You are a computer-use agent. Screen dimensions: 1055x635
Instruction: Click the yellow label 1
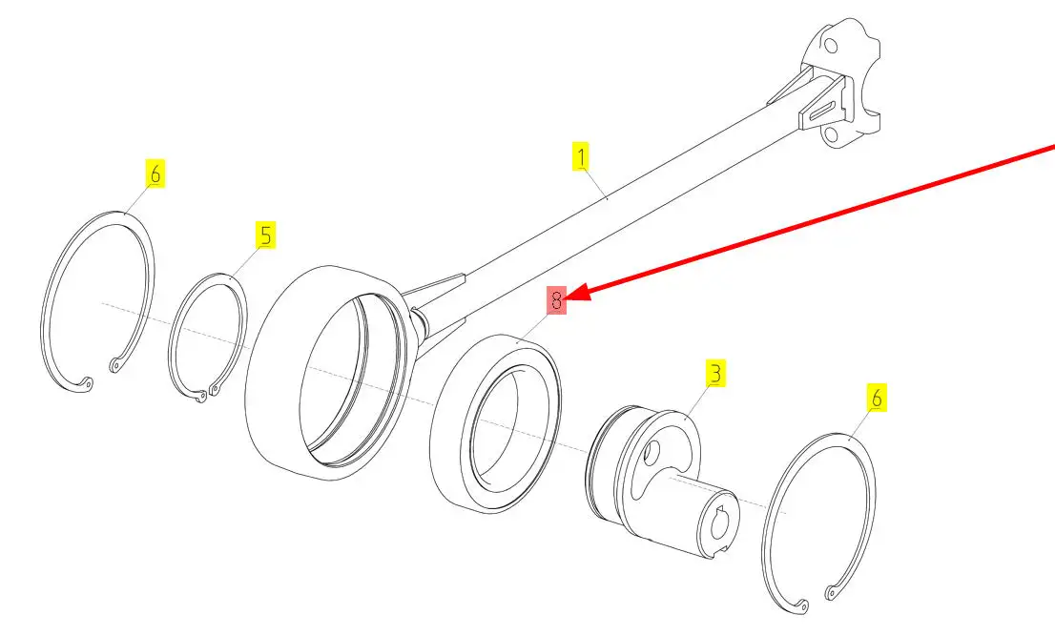pyautogui.click(x=581, y=156)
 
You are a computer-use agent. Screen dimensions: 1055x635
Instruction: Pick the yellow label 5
pyautogui.click(x=265, y=236)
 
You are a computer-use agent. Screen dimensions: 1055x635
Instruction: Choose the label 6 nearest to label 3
pyautogui.click(x=877, y=398)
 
